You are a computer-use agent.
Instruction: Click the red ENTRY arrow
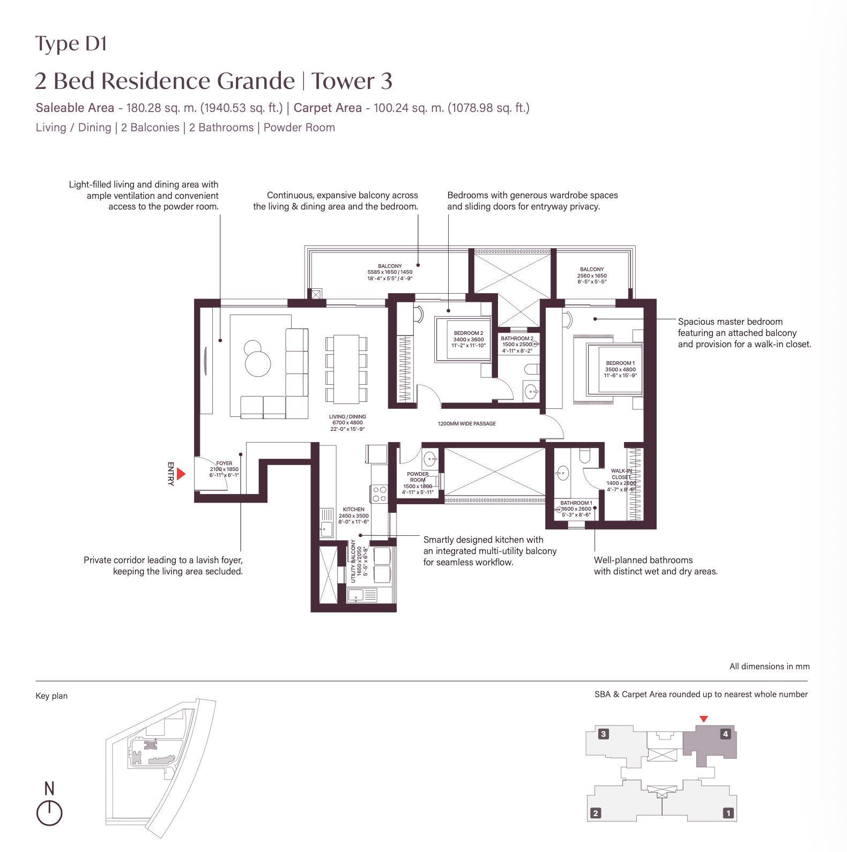coord(181,474)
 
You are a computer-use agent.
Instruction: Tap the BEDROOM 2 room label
coord(468,333)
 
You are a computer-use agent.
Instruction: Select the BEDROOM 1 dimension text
coord(620,372)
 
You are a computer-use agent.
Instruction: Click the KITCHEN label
coord(353,510)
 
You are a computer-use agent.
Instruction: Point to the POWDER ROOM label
coord(418,477)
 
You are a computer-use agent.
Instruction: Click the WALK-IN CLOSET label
coord(621,474)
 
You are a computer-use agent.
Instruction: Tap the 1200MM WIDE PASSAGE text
coord(466,424)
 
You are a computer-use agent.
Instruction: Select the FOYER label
coord(224,464)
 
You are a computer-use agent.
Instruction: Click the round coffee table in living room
coord(258,363)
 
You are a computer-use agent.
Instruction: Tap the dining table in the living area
coord(346,369)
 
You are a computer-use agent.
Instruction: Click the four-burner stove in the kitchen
coord(379,494)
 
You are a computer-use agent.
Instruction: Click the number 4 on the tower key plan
coord(725,734)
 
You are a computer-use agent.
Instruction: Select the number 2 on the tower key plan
coord(595,813)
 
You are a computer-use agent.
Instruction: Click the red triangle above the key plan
coord(704,719)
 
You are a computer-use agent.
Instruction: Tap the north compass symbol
coord(49,812)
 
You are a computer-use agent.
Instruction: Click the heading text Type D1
coord(71,44)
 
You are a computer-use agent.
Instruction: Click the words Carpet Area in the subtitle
coord(328,108)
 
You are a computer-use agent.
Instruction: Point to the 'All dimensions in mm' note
coord(769,667)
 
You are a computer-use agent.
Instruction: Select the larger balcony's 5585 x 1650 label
coord(390,272)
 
